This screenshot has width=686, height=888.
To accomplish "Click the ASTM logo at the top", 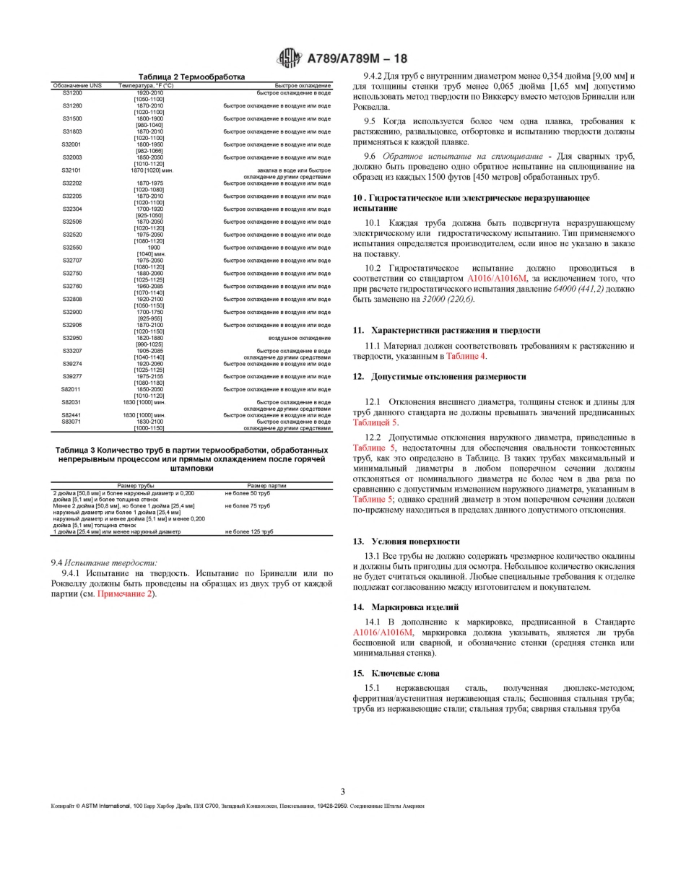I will pos(290,58).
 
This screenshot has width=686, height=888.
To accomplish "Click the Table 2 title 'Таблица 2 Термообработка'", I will pos(191,77).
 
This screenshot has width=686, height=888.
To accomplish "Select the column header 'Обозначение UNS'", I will pos(77,86).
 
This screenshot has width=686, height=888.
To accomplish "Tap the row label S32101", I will pos(71,170).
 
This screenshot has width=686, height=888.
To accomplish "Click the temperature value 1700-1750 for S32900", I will pos(149,312).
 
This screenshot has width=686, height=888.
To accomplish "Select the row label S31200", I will pos(71,92).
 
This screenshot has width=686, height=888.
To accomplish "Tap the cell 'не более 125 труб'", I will pos(249,531).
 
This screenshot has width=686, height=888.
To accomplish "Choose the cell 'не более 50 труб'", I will pos(248,492).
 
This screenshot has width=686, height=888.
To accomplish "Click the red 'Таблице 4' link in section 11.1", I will pos(466,356).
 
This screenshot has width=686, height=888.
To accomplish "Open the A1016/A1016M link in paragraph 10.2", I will pos(498,278).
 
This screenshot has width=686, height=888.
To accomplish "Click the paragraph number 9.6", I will pos(370,156).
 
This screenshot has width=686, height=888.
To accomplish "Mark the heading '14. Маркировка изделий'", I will pos(415,607).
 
